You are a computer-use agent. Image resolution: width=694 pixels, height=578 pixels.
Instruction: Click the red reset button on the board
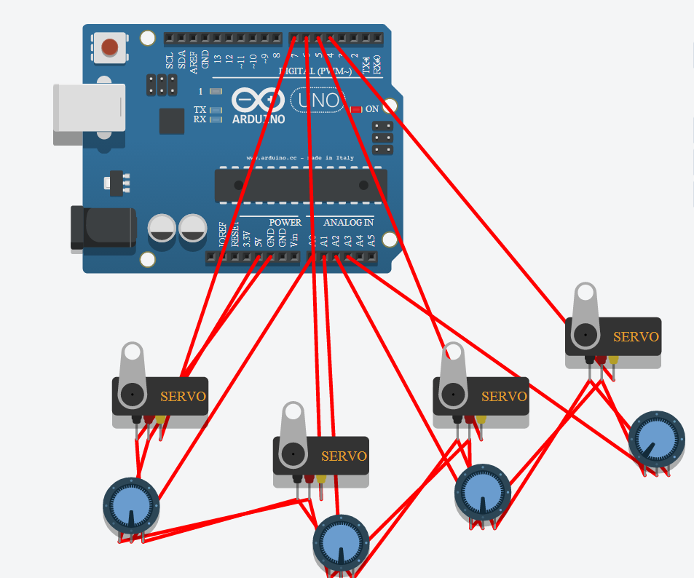click(109, 47)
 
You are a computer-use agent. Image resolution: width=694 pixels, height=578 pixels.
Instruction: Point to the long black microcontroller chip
click(301, 186)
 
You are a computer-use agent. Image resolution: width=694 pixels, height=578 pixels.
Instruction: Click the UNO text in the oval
click(320, 100)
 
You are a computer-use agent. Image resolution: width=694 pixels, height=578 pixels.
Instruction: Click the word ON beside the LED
click(372, 108)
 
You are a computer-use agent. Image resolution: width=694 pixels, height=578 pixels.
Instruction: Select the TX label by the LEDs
click(199, 109)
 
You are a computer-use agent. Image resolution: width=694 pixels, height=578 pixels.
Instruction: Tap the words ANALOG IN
click(349, 222)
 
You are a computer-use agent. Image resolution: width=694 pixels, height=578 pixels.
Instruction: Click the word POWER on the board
click(285, 222)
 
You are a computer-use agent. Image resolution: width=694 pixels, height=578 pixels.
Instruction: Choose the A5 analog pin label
click(371, 239)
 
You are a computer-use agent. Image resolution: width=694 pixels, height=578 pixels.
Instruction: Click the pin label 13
click(218, 61)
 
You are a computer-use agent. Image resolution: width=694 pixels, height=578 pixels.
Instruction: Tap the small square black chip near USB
click(172, 121)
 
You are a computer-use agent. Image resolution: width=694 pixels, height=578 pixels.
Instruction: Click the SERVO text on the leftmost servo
click(183, 397)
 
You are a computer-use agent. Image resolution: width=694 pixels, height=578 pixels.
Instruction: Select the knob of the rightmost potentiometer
click(656, 437)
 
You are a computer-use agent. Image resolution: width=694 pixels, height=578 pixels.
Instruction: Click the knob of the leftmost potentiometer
click(131, 504)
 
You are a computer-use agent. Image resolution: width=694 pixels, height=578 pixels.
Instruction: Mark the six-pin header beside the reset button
click(161, 84)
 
